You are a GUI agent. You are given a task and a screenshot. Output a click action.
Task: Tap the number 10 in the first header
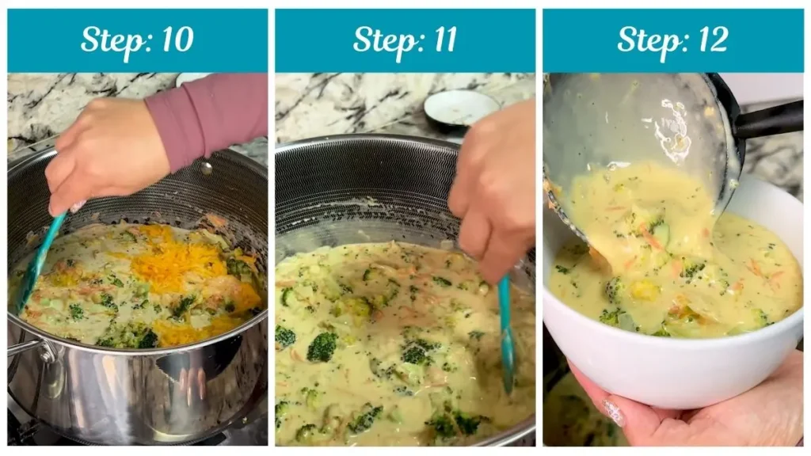pyautogui.click(x=175, y=40)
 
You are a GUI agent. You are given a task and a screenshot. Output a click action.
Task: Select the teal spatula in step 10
pyautogui.click(x=40, y=260)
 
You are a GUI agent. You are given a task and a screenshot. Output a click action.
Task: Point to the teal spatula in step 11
pyautogui.click(x=506, y=332)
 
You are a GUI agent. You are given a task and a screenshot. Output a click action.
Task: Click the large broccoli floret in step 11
pyautogui.click(x=322, y=347)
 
